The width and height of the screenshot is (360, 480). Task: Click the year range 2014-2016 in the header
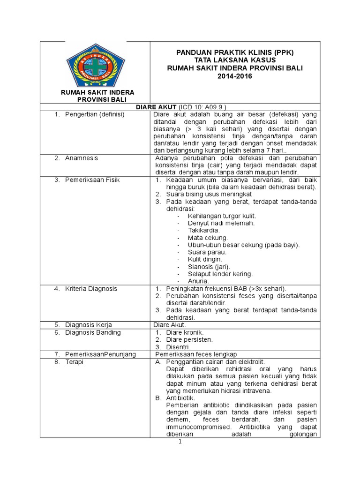tap(234, 76)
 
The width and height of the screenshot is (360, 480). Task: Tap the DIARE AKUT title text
tap(155, 107)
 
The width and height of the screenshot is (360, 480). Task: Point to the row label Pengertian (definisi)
tap(95, 114)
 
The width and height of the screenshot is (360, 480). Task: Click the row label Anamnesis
tap(82, 158)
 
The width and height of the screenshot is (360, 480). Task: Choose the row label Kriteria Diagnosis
tap(91, 289)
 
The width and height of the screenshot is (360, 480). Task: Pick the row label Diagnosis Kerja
tap(88, 325)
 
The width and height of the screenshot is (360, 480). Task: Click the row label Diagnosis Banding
tap(93, 332)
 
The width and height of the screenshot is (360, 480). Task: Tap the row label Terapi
tap(75, 362)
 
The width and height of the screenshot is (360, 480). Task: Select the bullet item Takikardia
tap(204, 230)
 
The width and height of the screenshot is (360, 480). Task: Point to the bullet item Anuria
tap(198, 281)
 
